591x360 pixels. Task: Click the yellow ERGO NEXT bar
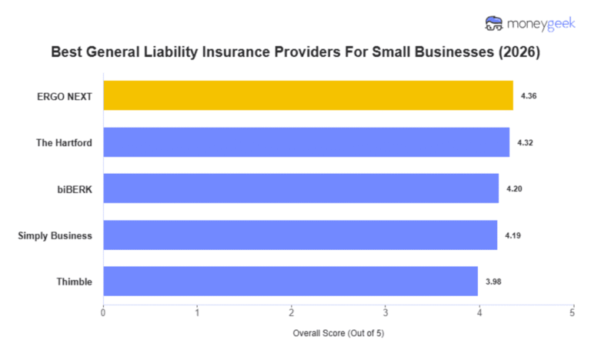point(308,95)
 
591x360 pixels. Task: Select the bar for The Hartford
point(306,142)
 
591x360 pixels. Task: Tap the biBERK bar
point(301,188)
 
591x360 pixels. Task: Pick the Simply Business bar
point(300,235)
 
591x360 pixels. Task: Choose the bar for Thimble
point(290,282)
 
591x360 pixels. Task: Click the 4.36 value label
point(529,96)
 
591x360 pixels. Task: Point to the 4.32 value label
point(525,142)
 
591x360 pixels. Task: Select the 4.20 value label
point(514,188)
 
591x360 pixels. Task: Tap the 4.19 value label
point(513,235)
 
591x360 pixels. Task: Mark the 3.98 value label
point(493,282)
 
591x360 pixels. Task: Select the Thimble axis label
point(75,282)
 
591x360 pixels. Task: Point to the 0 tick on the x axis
point(103,312)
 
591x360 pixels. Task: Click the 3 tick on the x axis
point(385,312)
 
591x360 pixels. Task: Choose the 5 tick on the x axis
point(573,312)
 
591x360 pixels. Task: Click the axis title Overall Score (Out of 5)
point(338,334)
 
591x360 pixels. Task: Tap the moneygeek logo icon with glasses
point(494,24)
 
